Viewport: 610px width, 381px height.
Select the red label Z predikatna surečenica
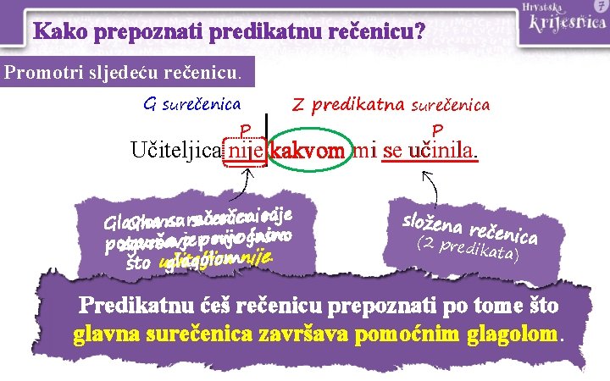tap(391, 105)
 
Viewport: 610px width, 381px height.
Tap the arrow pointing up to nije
tap(247, 179)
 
